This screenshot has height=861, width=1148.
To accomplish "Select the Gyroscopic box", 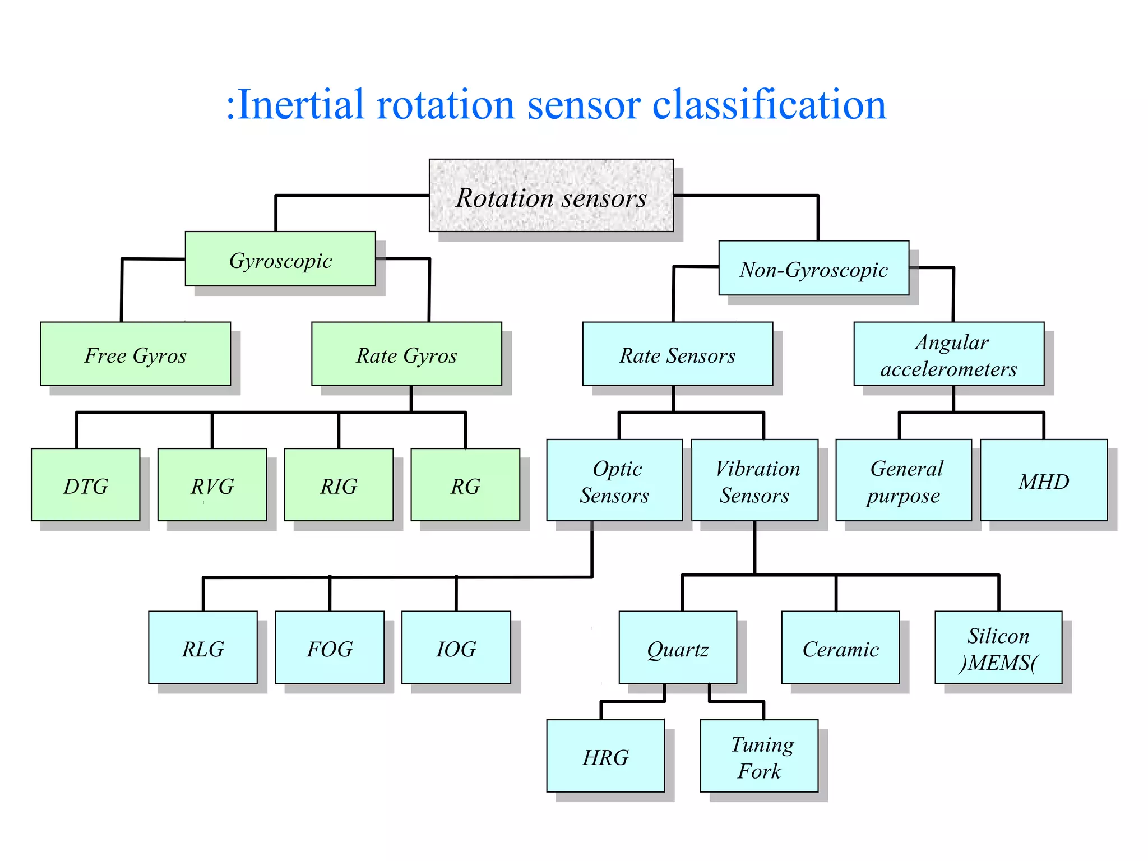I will pyautogui.click(x=280, y=259).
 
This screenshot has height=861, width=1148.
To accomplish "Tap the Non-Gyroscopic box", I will pyautogui.click(x=813, y=268).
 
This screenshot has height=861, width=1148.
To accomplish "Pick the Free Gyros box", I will pyautogui.click(x=135, y=354).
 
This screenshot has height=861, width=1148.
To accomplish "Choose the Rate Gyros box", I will pyautogui.click(x=406, y=354).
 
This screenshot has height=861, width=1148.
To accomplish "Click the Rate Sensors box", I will pyautogui.click(x=677, y=354).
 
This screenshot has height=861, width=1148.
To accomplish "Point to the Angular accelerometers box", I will pyautogui.click(x=948, y=354).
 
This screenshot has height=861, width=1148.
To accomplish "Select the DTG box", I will pyautogui.click(x=86, y=484).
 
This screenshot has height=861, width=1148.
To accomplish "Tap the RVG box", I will pyautogui.click(x=212, y=484).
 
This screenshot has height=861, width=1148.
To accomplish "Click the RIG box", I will pyautogui.click(x=339, y=484).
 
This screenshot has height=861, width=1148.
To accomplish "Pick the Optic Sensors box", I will pyautogui.click(x=614, y=480).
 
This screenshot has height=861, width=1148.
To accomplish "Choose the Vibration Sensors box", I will pyautogui.click(x=754, y=480).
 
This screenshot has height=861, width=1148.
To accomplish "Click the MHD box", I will pyautogui.click(x=1043, y=480).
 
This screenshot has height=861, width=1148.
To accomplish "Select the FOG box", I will pyautogui.click(x=330, y=647).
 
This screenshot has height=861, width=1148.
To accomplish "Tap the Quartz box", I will pyautogui.click(x=678, y=647).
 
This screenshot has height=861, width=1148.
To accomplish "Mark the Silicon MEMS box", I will pyautogui.click(x=998, y=647).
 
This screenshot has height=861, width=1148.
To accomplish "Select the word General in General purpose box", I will pyautogui.click(x=906, y=469).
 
